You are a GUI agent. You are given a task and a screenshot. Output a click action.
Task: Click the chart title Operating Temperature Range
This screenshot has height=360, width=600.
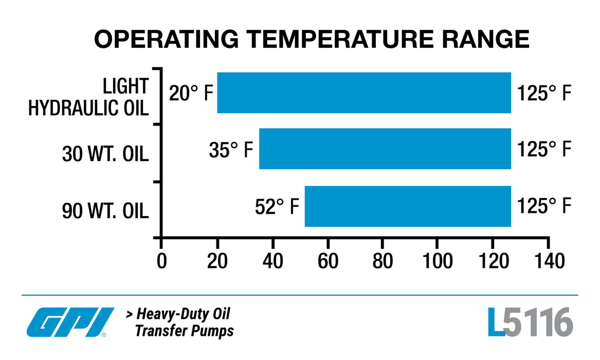pyautogui.click(x=311, y=40)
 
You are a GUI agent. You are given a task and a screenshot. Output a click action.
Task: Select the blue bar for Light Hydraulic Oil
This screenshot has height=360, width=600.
pyautogui.click(x=363, y=93)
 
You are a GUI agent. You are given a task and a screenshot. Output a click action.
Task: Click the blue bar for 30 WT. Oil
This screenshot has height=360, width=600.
pyautogui.click(x=385, y=149)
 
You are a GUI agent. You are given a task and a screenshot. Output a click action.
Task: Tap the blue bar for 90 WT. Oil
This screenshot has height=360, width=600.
pyautogui.click(x=408, y=206)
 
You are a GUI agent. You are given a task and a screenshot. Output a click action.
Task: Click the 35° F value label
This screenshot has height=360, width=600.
pyautogui.click(x=231, y=150)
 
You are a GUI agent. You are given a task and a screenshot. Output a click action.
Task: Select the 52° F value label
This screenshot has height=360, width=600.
pyautogui.click(x=277, y=206)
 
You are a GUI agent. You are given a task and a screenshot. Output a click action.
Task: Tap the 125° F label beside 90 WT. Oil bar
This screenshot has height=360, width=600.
pyautogui.click(x=544, y=206)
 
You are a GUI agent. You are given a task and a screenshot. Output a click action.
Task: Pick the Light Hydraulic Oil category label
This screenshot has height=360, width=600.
pyautogui.click(x=88, y=97)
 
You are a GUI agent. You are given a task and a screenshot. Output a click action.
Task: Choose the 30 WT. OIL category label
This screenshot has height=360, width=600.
pyautogui.click(x=105, y=154)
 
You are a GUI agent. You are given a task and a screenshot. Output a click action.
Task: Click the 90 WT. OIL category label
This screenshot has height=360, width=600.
pyautogui.click(x=105, y=211)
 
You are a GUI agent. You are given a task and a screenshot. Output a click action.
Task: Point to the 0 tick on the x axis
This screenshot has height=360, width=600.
pyautogui.click(x=161, y=261)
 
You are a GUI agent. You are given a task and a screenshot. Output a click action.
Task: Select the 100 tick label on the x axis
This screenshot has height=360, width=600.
pyautogui.click(x=437, y=261)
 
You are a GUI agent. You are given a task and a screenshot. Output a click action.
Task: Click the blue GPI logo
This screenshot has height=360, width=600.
pyautogui.click(x=70, y=322)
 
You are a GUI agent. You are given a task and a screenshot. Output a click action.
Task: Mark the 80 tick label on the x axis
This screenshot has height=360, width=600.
pyautogui.click(x=383, y=261)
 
